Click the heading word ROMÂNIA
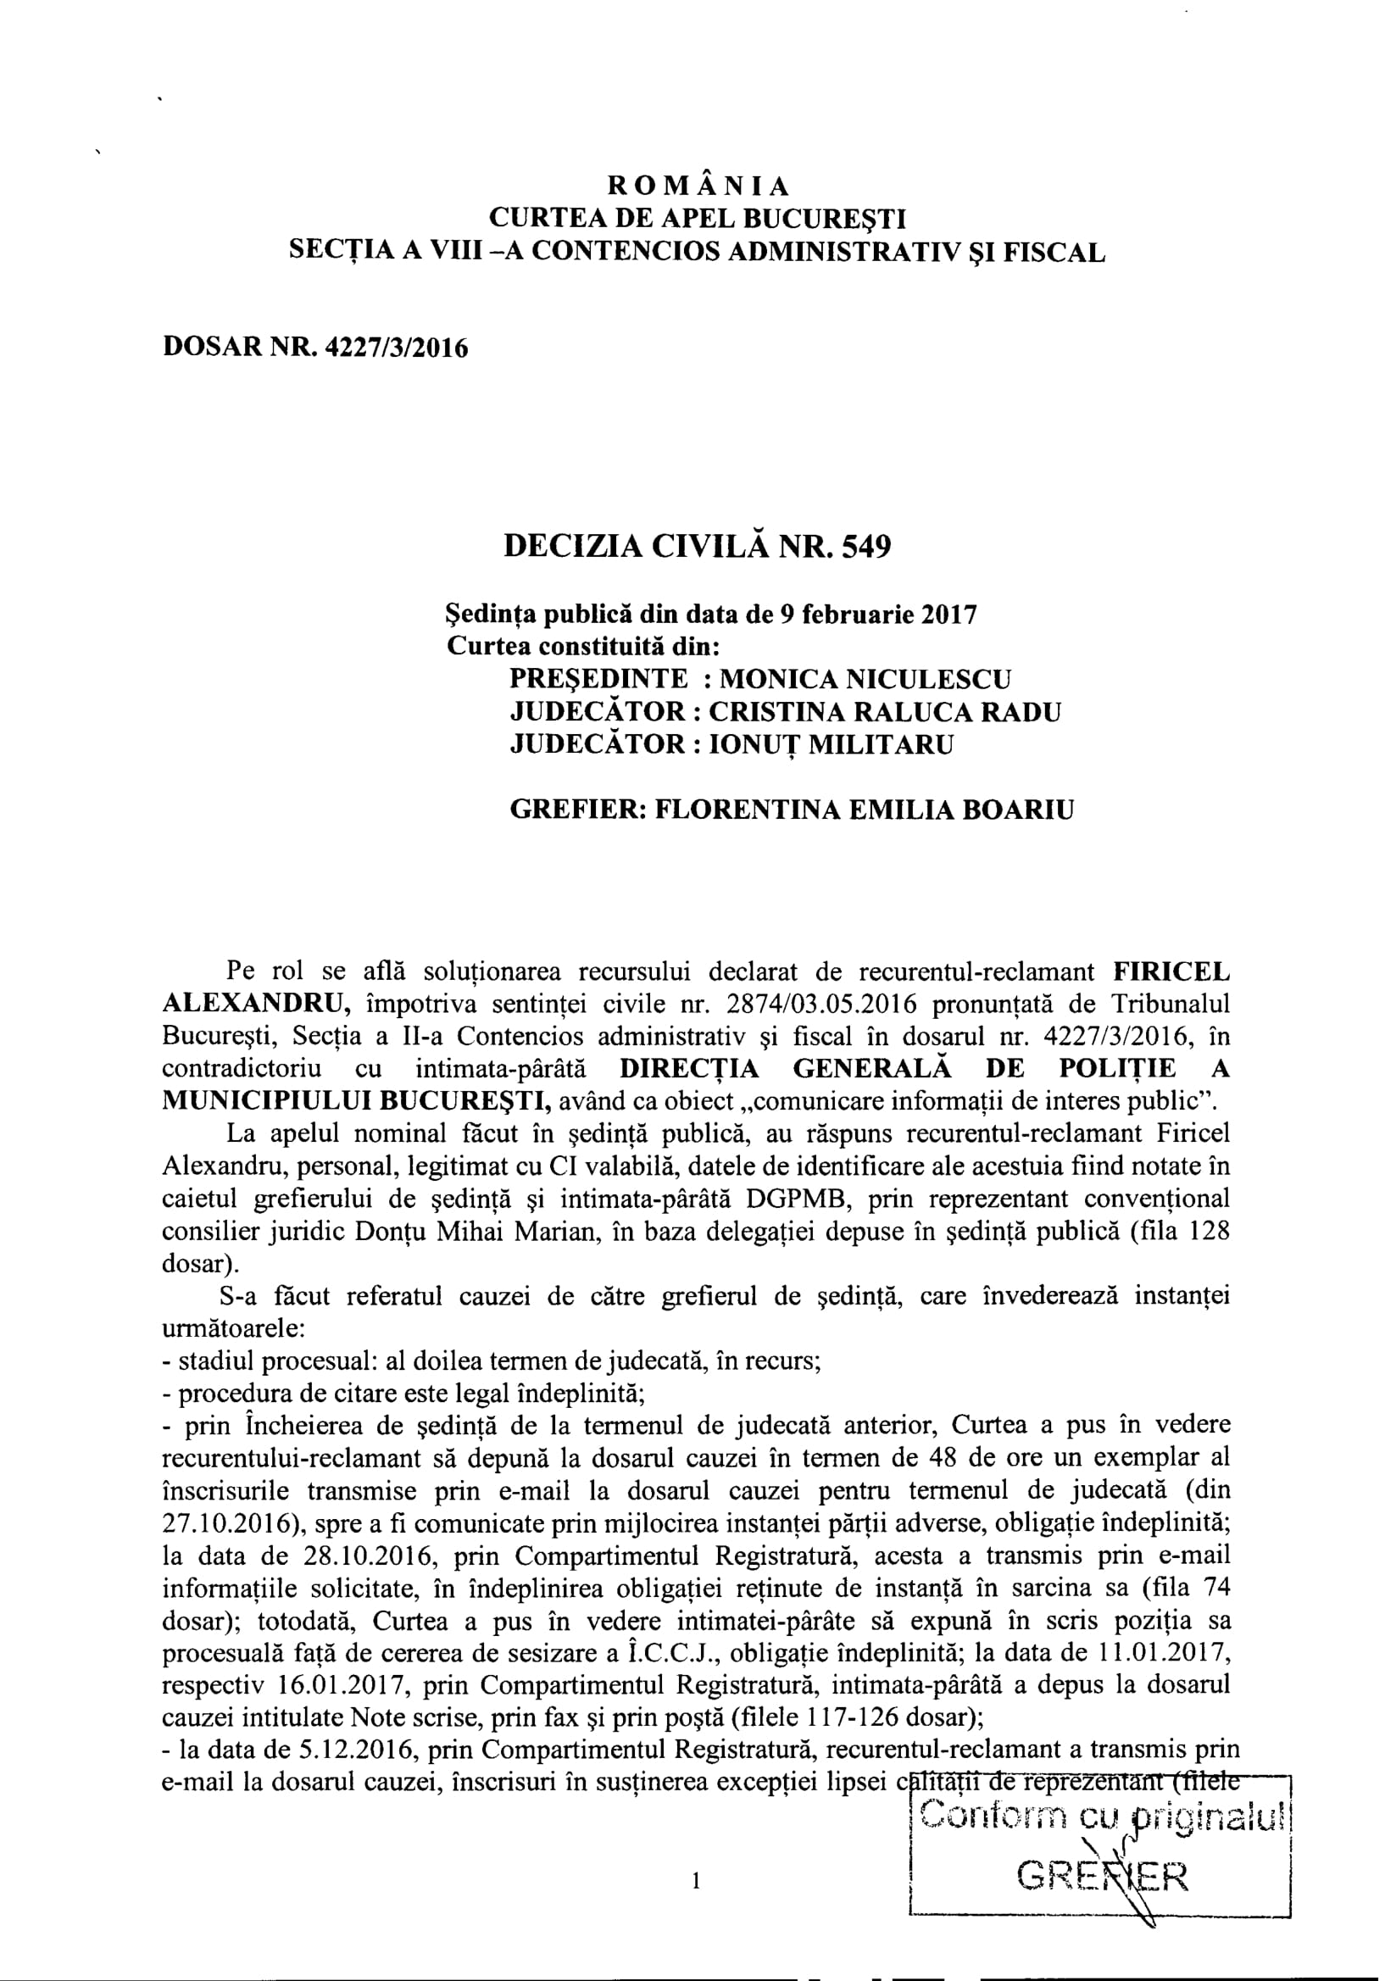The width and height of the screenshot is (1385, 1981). (x=698, y=186)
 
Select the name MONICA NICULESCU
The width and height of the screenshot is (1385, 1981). (x=865, y=679)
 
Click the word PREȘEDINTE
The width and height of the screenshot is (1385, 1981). (x=599, y=679)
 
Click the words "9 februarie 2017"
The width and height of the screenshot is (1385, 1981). (x=877, y=615)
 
